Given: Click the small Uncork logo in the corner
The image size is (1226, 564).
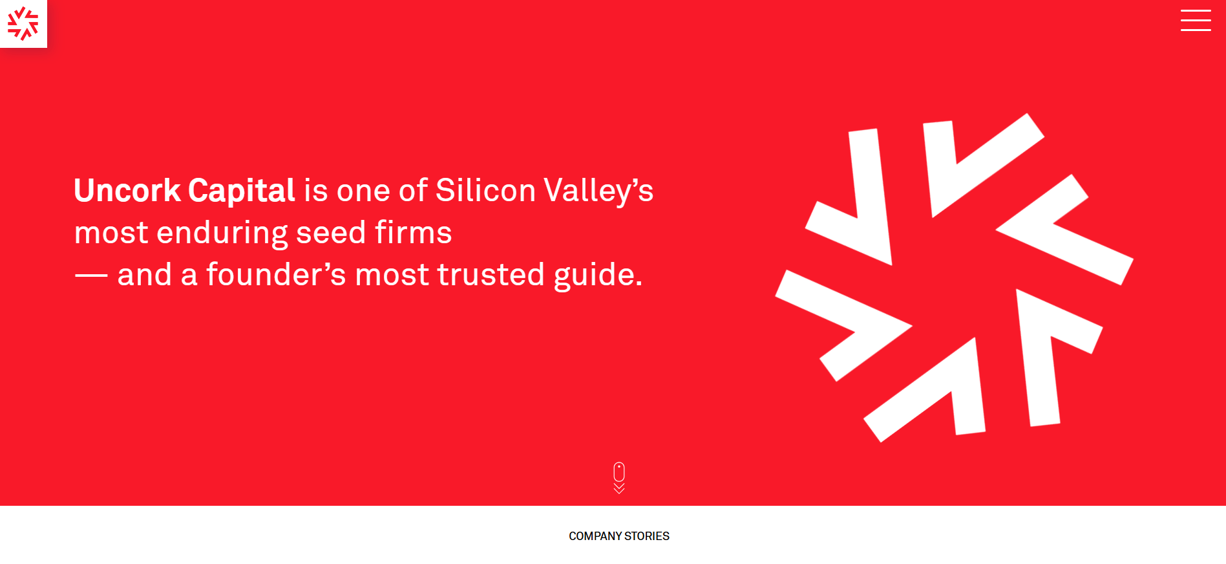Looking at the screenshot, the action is point(23,23).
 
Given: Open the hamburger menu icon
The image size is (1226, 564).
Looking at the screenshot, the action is point(1196,20).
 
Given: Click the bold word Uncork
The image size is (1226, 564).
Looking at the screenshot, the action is point(127,191).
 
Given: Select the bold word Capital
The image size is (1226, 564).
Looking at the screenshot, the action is point(242,191).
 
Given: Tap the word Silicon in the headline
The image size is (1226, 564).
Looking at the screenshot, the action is point(485,191).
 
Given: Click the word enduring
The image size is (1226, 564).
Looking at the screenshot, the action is point(222,233).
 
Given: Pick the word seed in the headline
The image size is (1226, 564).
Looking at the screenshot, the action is point(331,233).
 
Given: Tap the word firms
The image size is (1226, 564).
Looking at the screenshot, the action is point(413,233).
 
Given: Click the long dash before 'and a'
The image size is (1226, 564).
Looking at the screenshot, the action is point(91,276).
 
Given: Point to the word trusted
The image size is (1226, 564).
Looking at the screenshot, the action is point(491,275).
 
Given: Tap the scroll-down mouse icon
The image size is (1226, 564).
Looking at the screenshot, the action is point(619,472).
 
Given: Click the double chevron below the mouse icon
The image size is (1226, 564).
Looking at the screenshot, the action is point(619,488).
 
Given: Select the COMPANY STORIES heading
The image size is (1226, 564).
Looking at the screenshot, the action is point(619,536).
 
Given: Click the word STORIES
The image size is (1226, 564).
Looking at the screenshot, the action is point(647,536).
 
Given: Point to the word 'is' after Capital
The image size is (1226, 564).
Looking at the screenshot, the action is point(316,191).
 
